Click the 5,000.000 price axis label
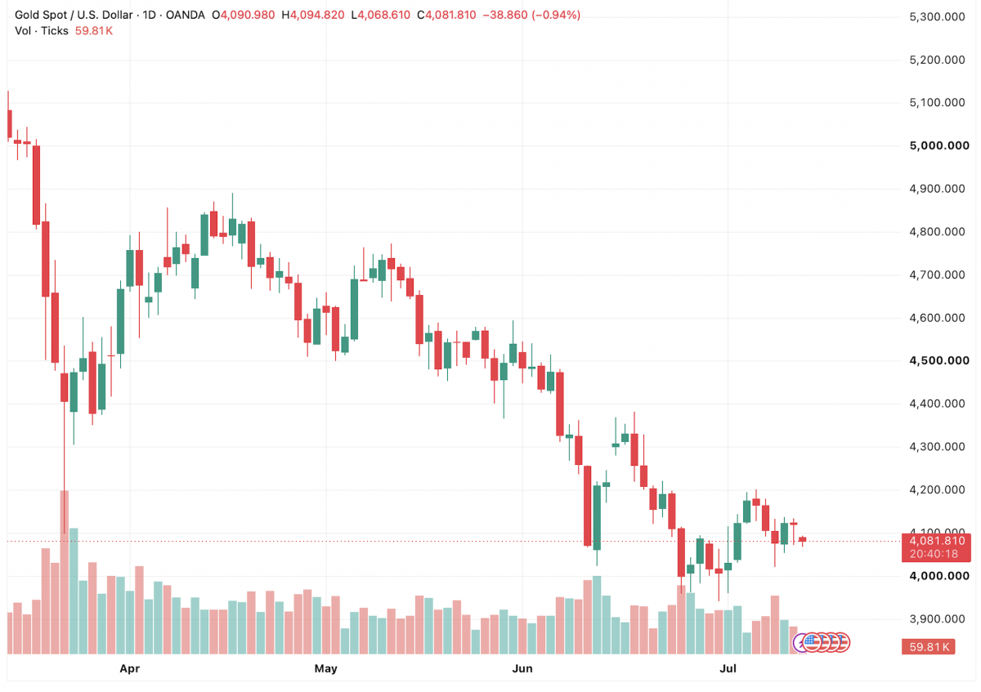(939, 145)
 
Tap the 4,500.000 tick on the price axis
(939, 360)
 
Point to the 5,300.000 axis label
(937, 17)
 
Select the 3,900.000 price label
(937, 619)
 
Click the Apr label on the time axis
(130, 668)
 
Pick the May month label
(326, 668)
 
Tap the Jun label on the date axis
(522, 668)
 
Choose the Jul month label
(728, 668)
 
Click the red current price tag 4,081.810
(937, 541)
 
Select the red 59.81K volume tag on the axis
(929, 646)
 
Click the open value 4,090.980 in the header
(248, 16)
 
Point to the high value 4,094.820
(317, 16)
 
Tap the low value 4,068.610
(383, 16)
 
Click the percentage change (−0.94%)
(556, 16)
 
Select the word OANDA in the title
(186, 16)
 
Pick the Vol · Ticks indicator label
(42, 31)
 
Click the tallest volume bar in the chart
(65, 572)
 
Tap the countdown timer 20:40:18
(934, 554)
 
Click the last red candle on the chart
(802, 539)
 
